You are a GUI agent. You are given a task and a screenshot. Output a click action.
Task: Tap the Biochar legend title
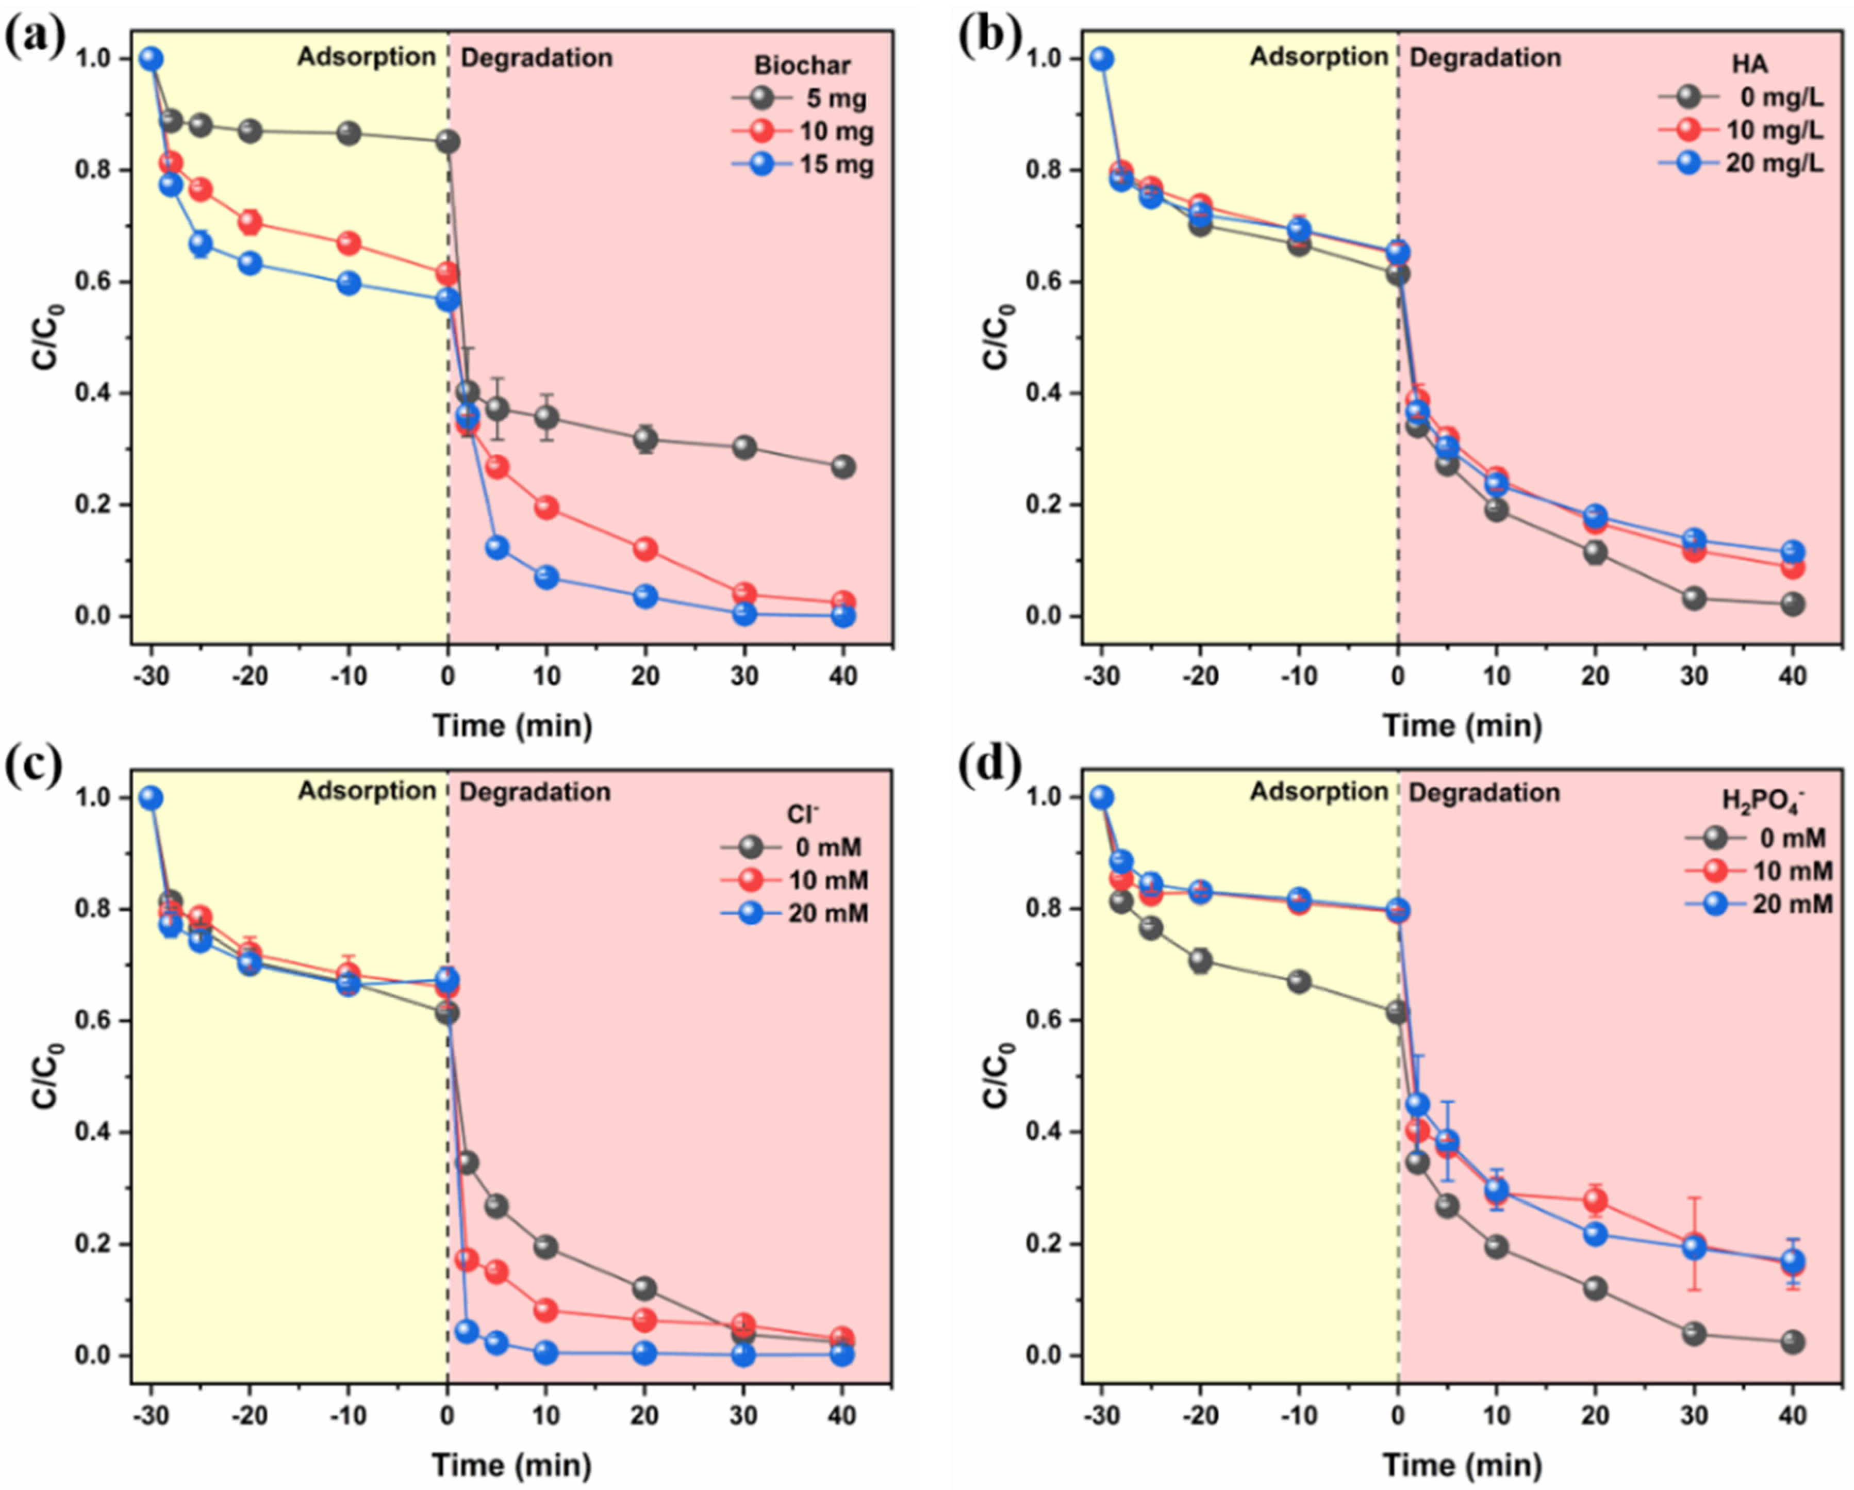(x=802, y=66)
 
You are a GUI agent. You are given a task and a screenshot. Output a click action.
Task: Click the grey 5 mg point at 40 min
(x=843, y=466)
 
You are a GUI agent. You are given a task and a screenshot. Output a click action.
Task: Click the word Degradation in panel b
(x=1485, y=58)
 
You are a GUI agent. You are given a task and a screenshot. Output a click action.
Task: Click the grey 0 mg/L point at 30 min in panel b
(x=1694, y=598)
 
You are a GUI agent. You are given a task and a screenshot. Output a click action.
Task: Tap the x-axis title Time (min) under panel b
(x=1462, y=725)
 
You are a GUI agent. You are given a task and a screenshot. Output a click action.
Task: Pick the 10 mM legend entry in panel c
(x=796, y=880)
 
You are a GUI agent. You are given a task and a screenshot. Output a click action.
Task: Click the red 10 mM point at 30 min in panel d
(x=1694, y=1245)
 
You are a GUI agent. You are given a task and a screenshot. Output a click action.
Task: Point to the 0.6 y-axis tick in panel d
(x=1046, y=1020)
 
